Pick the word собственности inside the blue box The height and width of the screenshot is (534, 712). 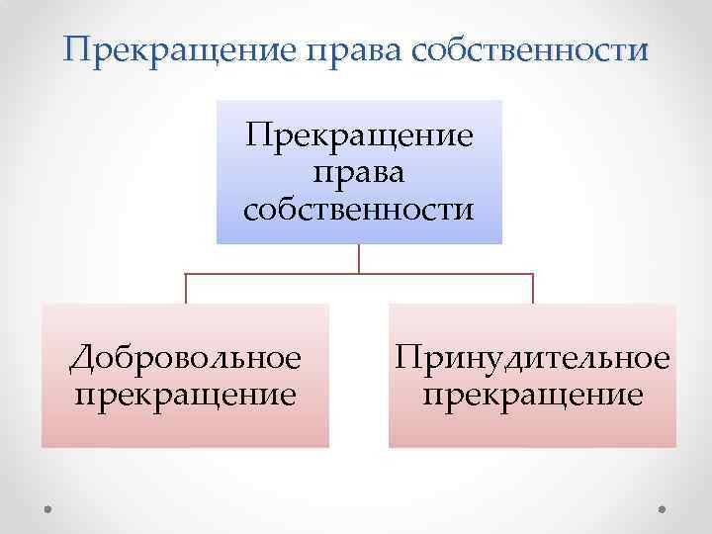(359, 210)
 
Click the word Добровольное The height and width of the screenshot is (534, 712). (185, 358)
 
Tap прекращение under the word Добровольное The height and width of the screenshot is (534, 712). (185, 395)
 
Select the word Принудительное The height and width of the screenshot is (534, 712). (533, 358)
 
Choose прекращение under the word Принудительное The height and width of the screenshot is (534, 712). (533, 395)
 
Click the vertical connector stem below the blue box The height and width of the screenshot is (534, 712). (359, 258)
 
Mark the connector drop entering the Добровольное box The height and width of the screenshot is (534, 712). (186, 289)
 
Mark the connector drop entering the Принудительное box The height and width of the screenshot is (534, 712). (533, 289)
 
